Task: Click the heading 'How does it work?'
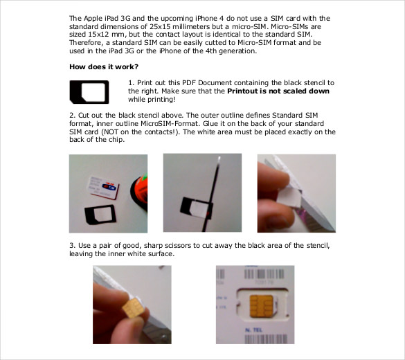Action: click(x=104, y=67)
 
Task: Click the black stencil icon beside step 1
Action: click(x=89, y=91)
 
